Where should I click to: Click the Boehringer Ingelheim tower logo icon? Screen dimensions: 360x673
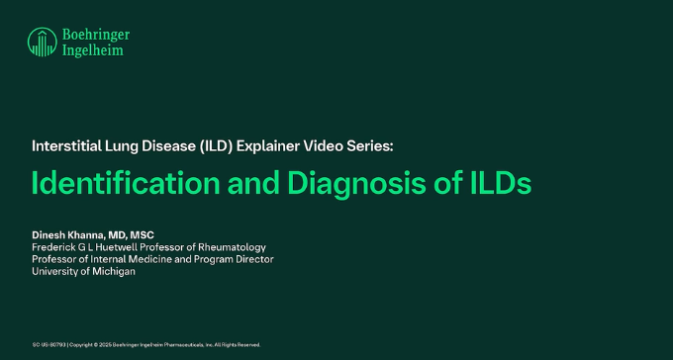(43, 42)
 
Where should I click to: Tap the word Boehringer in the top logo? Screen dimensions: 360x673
(96, 35)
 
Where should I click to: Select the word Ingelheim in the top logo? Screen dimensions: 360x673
(93, 50)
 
